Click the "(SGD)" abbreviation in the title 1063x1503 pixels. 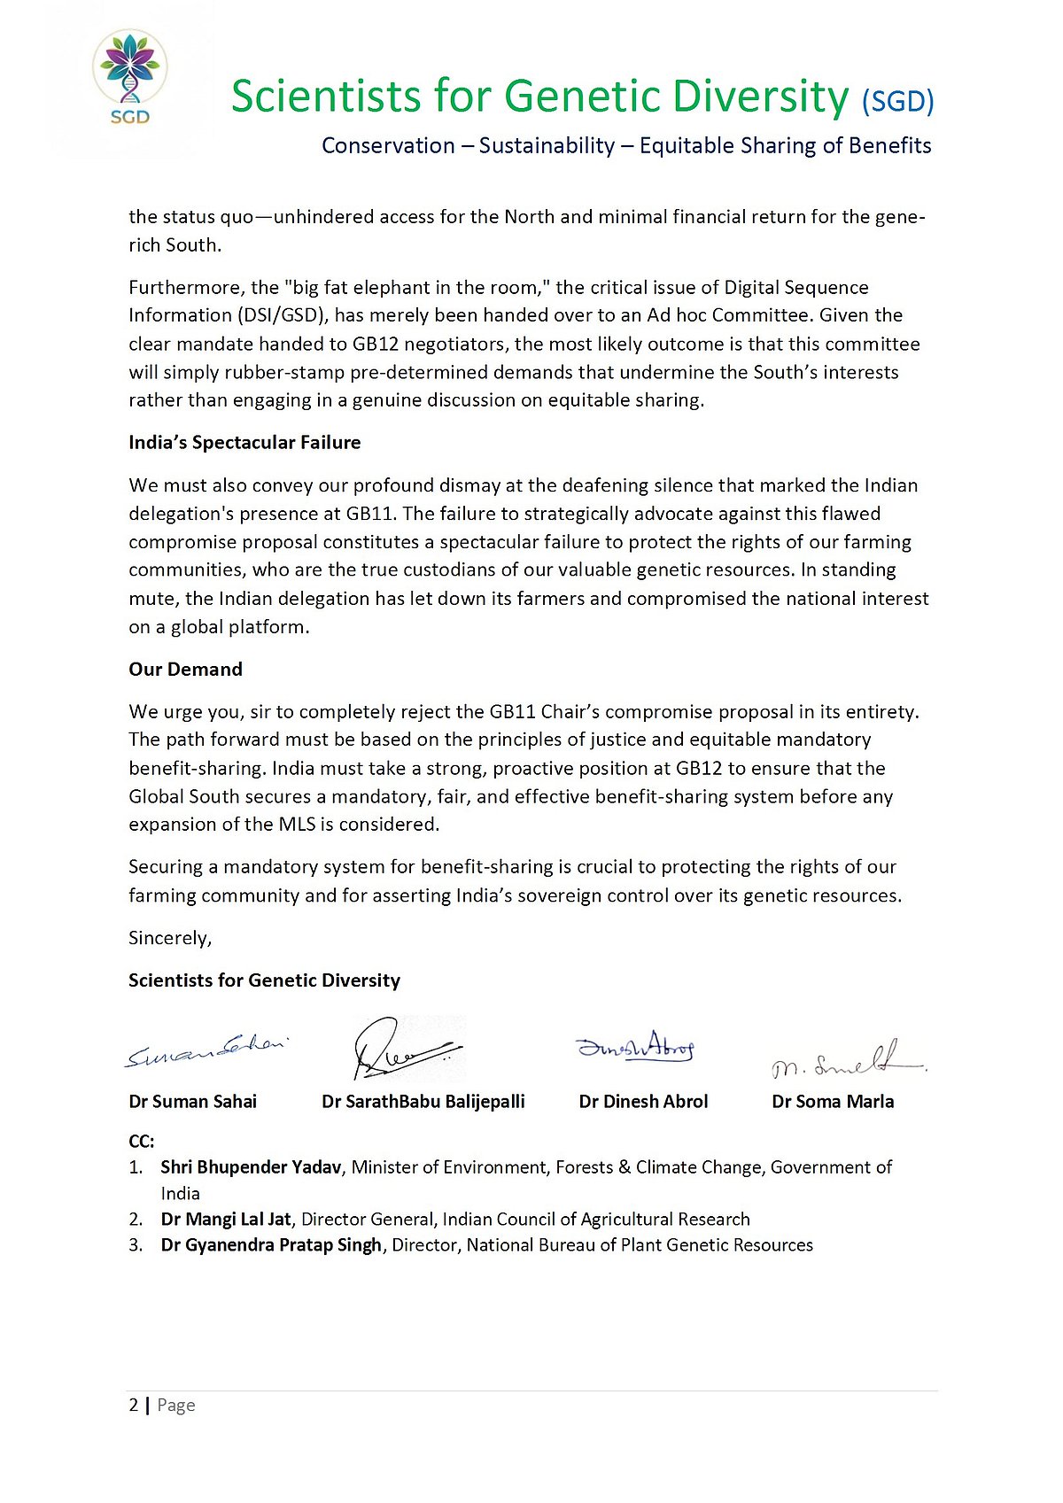pos(897,101)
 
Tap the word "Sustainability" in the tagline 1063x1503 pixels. pos(547,145)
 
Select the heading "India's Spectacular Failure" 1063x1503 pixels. pos(244,442)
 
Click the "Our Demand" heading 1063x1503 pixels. pos(185,669)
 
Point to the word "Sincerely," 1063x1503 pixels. pos(170,937)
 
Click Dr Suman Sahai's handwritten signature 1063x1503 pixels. pos(207,1050)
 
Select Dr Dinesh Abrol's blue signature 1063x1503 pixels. pos(636,1047)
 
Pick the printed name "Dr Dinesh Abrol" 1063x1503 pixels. pos(643,1101)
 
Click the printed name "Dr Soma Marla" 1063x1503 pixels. pos(833,1101)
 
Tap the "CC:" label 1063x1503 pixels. pos(142,1141)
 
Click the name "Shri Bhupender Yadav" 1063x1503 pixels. pos(251,1166)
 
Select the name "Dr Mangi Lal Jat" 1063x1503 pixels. pos(226,1219)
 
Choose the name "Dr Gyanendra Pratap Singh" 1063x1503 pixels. pos(271,1244)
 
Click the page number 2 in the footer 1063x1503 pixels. pos(134,1405)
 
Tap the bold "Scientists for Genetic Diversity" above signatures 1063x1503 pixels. pos(264,980)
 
